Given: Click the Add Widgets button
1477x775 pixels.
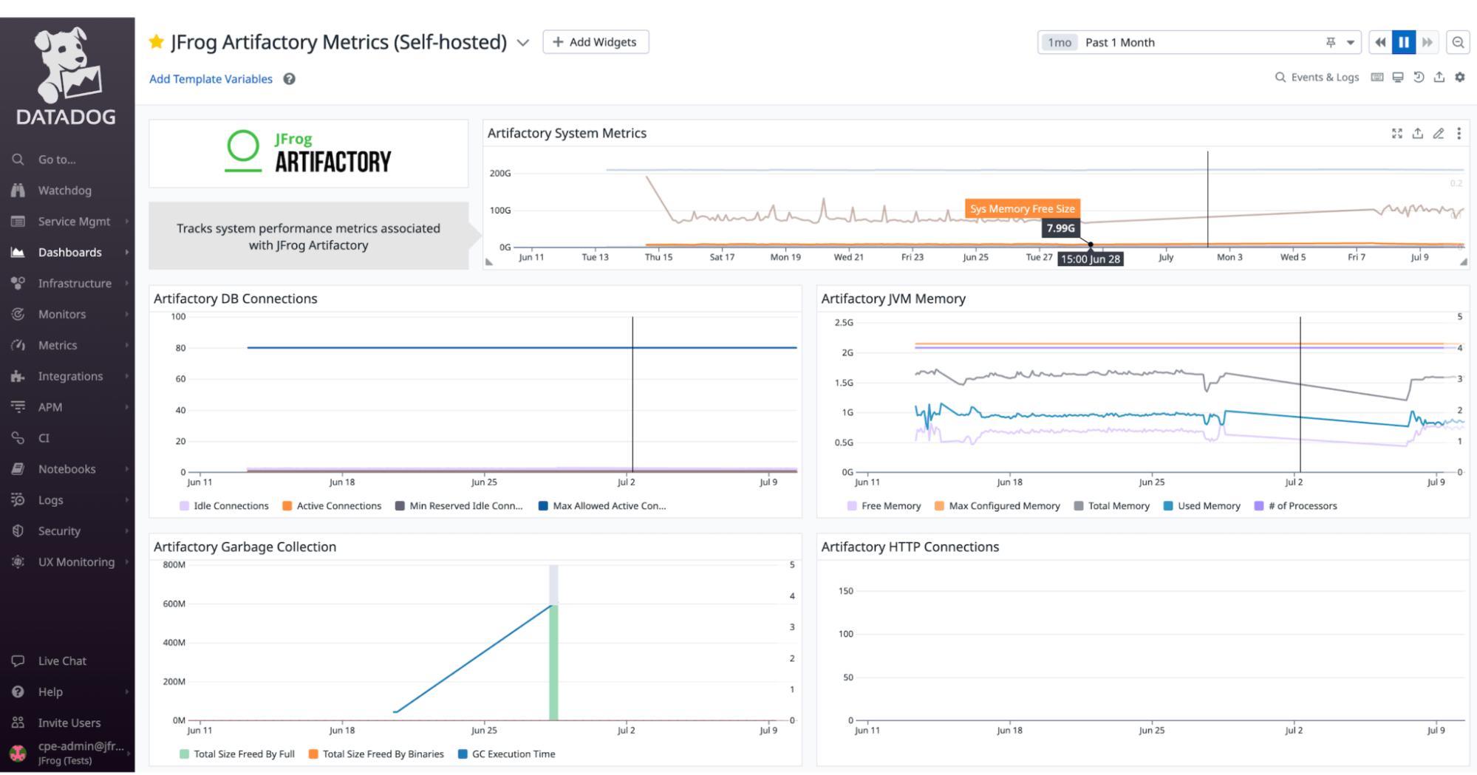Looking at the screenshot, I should click(x=596, y=42).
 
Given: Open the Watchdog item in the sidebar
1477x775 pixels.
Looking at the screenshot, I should click(x=64, y=191).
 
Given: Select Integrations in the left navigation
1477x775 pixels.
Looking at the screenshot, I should click(x=70, y=376).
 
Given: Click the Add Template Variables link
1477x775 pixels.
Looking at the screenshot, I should click(x=211, y=79).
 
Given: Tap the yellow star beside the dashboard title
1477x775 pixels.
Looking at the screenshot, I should click(x=157, y=42).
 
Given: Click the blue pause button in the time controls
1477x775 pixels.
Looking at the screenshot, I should click(x=1403, y=42).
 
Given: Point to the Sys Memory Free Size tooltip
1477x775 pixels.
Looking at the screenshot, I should click(x=1022, y=209).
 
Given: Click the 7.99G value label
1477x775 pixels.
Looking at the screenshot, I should click(x=1060, y=228).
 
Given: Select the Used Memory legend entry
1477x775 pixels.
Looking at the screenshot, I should click(x=1208, y=506).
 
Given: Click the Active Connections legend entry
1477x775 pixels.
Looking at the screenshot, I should click(x=338, y=506).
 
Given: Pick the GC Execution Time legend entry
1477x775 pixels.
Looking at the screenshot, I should click(x=513, y=754).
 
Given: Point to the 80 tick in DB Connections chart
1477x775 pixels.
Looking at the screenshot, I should click(x=180, y=348).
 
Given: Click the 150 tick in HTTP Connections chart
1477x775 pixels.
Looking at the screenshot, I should click(x=845, y=591).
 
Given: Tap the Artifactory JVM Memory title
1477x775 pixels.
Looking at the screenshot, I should click(x=893, y=298).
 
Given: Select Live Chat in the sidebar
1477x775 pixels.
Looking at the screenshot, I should click(x=62, y=661).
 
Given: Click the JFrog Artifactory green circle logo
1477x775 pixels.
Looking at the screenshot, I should click(x=243, y=147).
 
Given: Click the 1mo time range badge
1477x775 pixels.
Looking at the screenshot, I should click(x=1059, y=43).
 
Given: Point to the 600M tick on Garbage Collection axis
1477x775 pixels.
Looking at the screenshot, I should click(x=174, y=604).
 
